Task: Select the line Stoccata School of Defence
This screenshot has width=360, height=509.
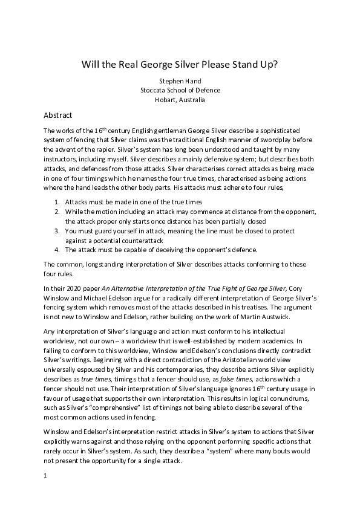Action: [180, 91]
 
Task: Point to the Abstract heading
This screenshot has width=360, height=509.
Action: [58, 115]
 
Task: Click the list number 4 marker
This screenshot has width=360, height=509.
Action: [57, 249]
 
